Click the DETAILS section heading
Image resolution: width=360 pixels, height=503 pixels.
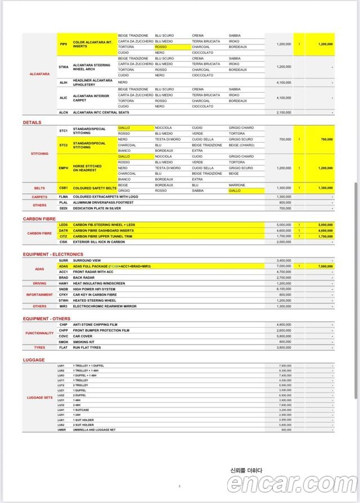tap(32, 122)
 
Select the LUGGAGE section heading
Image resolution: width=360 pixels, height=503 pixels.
tap(34, 360)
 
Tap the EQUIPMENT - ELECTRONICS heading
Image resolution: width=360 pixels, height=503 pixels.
tap(53, 255)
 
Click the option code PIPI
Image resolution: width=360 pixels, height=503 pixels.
tap(63, 44)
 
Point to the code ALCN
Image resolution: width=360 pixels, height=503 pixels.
tap(64, 112)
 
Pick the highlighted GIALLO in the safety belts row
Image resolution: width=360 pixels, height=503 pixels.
tap(235, 191)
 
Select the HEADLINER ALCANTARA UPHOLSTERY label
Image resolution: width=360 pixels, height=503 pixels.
tap(93, 83)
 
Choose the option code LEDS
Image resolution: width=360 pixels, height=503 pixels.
tap(63, 224)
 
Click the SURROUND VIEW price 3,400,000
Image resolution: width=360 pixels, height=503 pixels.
tap(284, 261)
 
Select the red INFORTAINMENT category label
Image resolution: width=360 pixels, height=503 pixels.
tap(39, 294)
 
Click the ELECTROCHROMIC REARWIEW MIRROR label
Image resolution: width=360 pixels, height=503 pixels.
tap(104, 306)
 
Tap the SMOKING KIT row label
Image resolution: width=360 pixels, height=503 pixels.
tap(85, 342)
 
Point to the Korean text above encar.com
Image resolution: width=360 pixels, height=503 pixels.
tap(246, 470)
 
